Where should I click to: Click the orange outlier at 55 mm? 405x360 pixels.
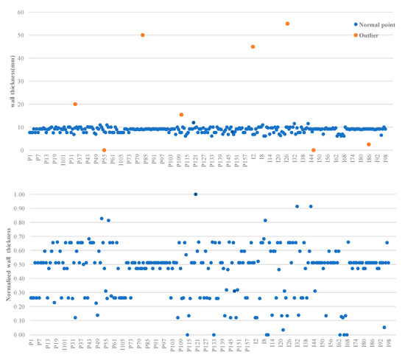(287, 24)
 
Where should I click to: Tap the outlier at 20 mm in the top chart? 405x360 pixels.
(75, 105)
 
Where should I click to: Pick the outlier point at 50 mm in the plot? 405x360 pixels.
(142, 35)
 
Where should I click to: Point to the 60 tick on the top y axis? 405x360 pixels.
(21, 13)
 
